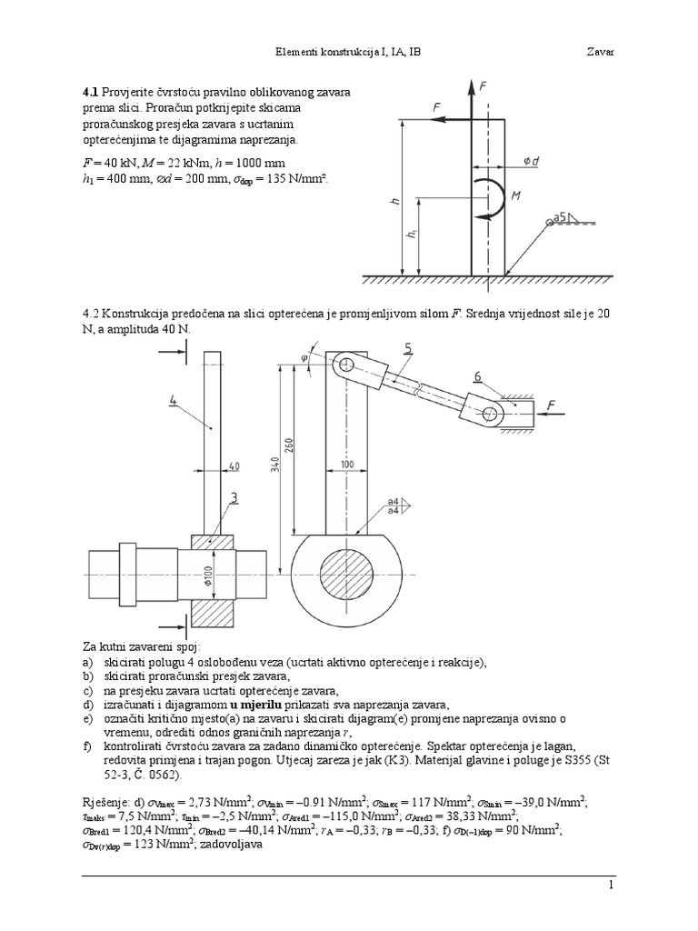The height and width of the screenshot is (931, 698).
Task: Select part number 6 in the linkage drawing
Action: tap(476, 375)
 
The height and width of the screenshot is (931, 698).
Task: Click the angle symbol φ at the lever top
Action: tap(306, 357)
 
